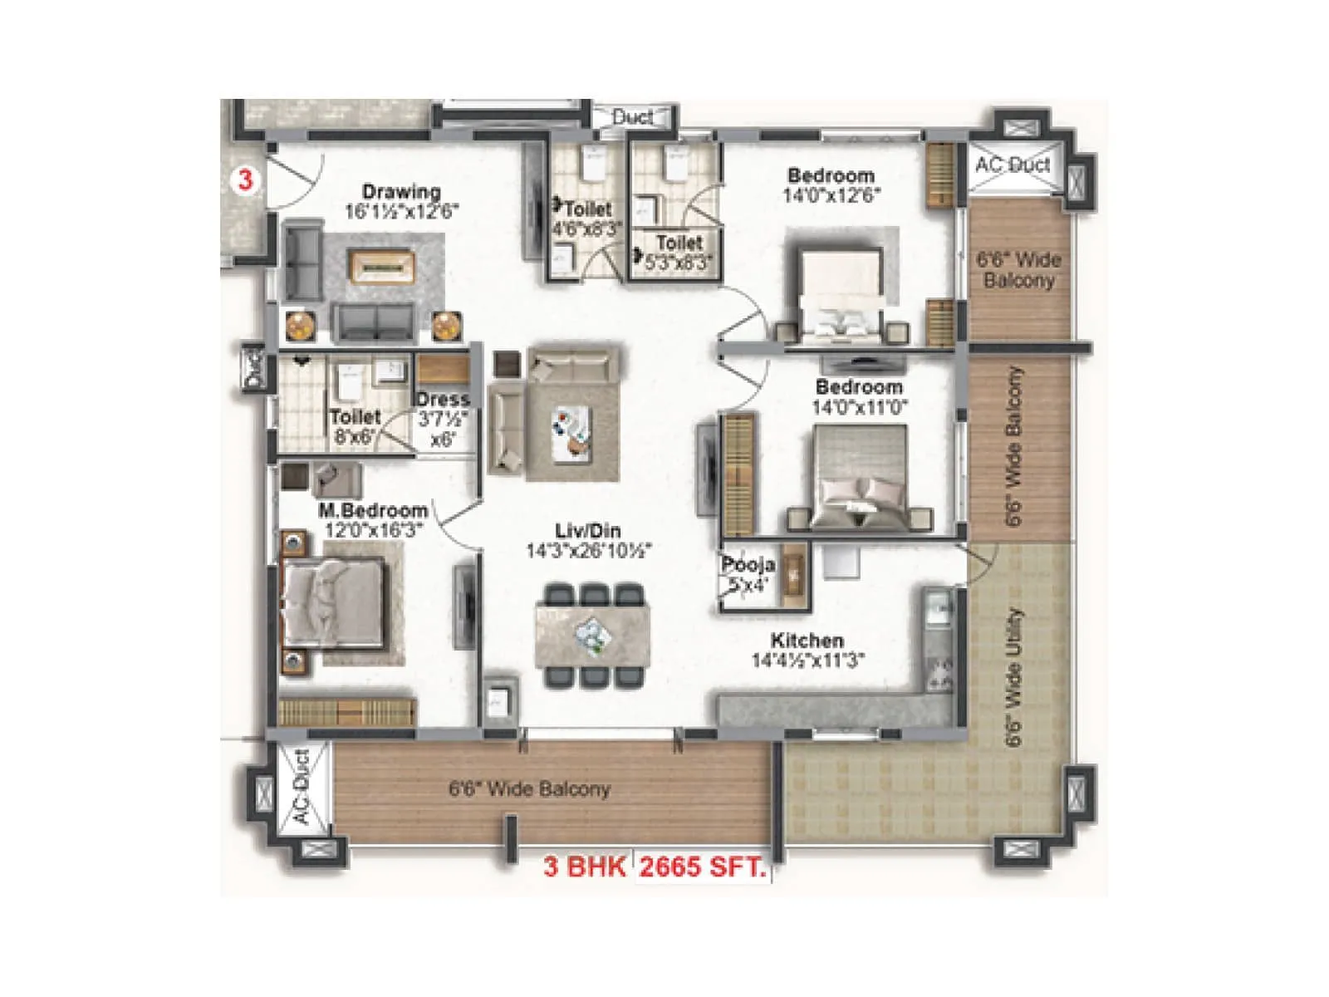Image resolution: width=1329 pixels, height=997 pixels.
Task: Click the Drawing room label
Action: (401, 192)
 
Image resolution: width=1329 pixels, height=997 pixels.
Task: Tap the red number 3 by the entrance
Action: (245, 179)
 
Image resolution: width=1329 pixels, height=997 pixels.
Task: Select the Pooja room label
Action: (748, 565)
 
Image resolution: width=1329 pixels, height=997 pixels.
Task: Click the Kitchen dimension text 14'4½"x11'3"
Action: (807, 661)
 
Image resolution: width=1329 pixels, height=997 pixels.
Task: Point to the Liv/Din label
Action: (588, 531)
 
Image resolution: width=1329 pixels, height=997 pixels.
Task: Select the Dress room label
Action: (443, 400)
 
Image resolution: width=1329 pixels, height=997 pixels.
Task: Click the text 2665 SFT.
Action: (702, 867)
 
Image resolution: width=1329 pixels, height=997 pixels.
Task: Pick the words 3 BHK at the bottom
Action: (584, 867)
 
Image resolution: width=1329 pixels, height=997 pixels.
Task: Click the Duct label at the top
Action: (632, 117)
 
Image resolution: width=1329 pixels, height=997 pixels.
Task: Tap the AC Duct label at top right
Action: (1013, 165)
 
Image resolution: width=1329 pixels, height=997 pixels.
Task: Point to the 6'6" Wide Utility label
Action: (1013, 677)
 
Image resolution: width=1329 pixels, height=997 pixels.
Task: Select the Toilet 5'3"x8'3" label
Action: (679, 243)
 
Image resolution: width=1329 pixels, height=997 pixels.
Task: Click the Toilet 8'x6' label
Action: (355, 417)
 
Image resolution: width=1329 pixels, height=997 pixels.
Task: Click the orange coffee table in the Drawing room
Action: (381, 266)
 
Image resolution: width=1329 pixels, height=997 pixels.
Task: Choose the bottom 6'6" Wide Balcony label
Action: (529, 788)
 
